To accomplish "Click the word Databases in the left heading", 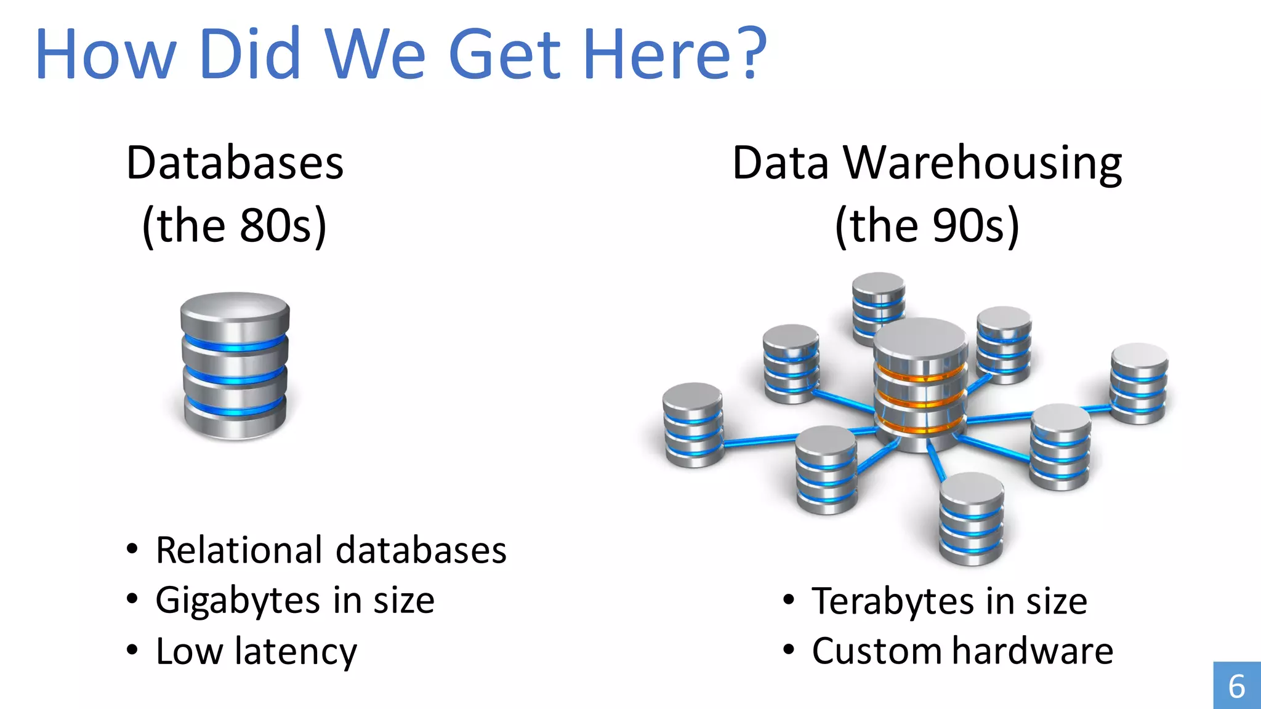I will tap(235, 164).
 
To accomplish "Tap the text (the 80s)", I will tap(234, 226).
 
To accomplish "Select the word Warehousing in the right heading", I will tap(983, 164).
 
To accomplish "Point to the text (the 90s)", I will tap(927, 226).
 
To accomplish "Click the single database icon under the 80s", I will tap(235, 366).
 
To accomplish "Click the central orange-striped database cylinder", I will tap(921, 385).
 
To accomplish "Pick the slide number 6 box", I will tap(1236, 686).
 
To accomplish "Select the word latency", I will tap(296, 652).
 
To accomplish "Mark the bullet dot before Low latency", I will tap(132, 650).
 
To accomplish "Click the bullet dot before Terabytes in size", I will tap(789, 599).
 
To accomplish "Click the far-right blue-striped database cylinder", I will tap(1139, 383).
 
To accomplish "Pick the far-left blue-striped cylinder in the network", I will tap(693, 425).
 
